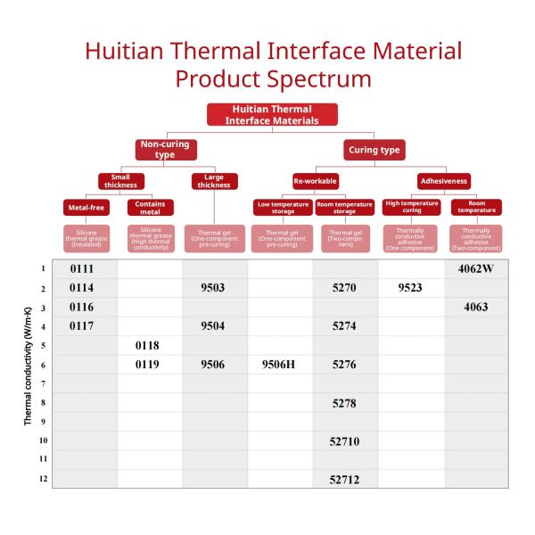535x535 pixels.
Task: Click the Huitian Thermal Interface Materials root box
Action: tap(272, 114)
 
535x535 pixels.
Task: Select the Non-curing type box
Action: tap(164, 149)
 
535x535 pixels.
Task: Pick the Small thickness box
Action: tap(120, 181)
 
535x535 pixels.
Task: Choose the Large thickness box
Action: tap(214, 181)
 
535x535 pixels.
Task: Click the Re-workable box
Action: tap(317, 182)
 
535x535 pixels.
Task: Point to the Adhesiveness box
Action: tap(443, 182)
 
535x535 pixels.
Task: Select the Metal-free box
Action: tap(86, 209)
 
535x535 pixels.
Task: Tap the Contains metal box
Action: tap(150, 208)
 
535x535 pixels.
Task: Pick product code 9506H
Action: tap(279, 365)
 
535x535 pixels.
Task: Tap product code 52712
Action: tap(344, 480)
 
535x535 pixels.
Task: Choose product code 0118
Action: tap(149, 345)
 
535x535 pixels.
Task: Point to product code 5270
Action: tap(344, 288)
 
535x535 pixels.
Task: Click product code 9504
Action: tap(214, 326)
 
